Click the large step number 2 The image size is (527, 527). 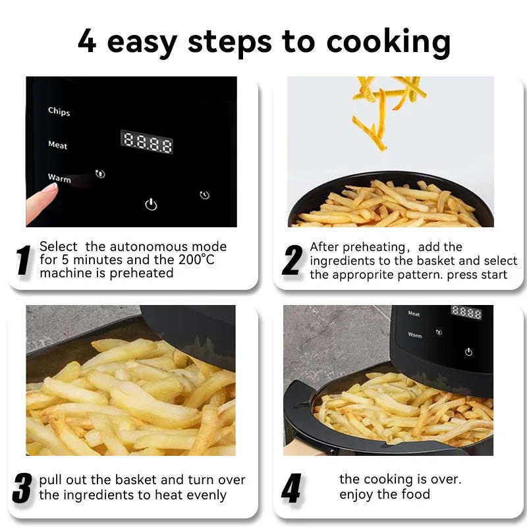pyautogui.click(x=292, y=260)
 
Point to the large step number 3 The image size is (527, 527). pyautogui.click(x=22, y=488)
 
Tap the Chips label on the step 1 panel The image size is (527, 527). pyautogui.click(x=59, y=111)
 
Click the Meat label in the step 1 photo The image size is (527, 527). pyautogui.click(x=57, y=145)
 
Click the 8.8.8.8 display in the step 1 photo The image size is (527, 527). pyautogui.click(x=147, y=142)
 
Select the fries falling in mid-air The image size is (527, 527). pyautogui.click(x=385, y=105)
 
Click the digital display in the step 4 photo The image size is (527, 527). pyautogui.click(x=466, y=312)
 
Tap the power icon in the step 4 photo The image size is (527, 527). pyautogui.click(x=468, y=352)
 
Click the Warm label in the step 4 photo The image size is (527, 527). pyautogui.click(x=415, y=335)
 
